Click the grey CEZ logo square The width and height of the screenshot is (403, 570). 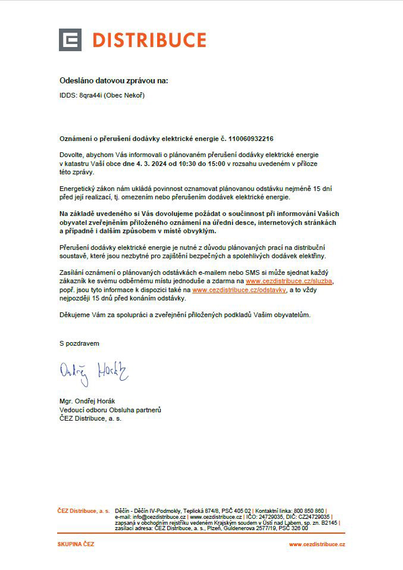tap(70, 40)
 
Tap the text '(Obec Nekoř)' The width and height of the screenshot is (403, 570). tap(124, 95)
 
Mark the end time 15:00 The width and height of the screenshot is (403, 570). tap(216, 163)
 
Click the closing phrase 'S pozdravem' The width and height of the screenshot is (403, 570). tap(79, 344)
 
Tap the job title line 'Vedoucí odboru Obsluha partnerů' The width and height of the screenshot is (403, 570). tap(110, 410)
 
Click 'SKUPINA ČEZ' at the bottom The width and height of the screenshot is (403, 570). tap(76, 544)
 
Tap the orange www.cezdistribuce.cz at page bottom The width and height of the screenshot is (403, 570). tap(317, 544)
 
